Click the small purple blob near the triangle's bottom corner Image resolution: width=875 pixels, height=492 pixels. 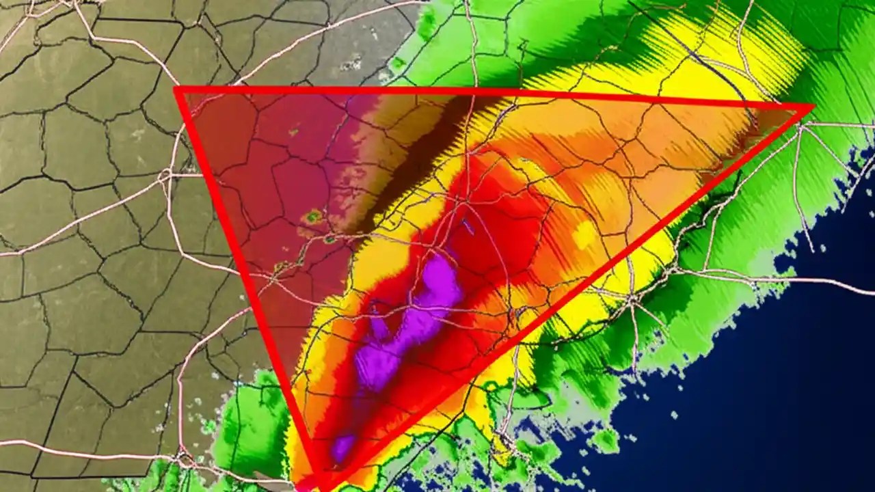click(x=342, y=448)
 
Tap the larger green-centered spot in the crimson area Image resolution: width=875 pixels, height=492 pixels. click(x=313, y=217)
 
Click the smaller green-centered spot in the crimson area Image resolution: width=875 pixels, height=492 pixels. click(x=330, y=239)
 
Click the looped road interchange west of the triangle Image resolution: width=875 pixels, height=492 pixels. click(x=165, y=176)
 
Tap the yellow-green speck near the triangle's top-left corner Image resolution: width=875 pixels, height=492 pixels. click(x=294, y=131)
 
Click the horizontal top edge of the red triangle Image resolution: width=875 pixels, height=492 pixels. click(x=479, y=96)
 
